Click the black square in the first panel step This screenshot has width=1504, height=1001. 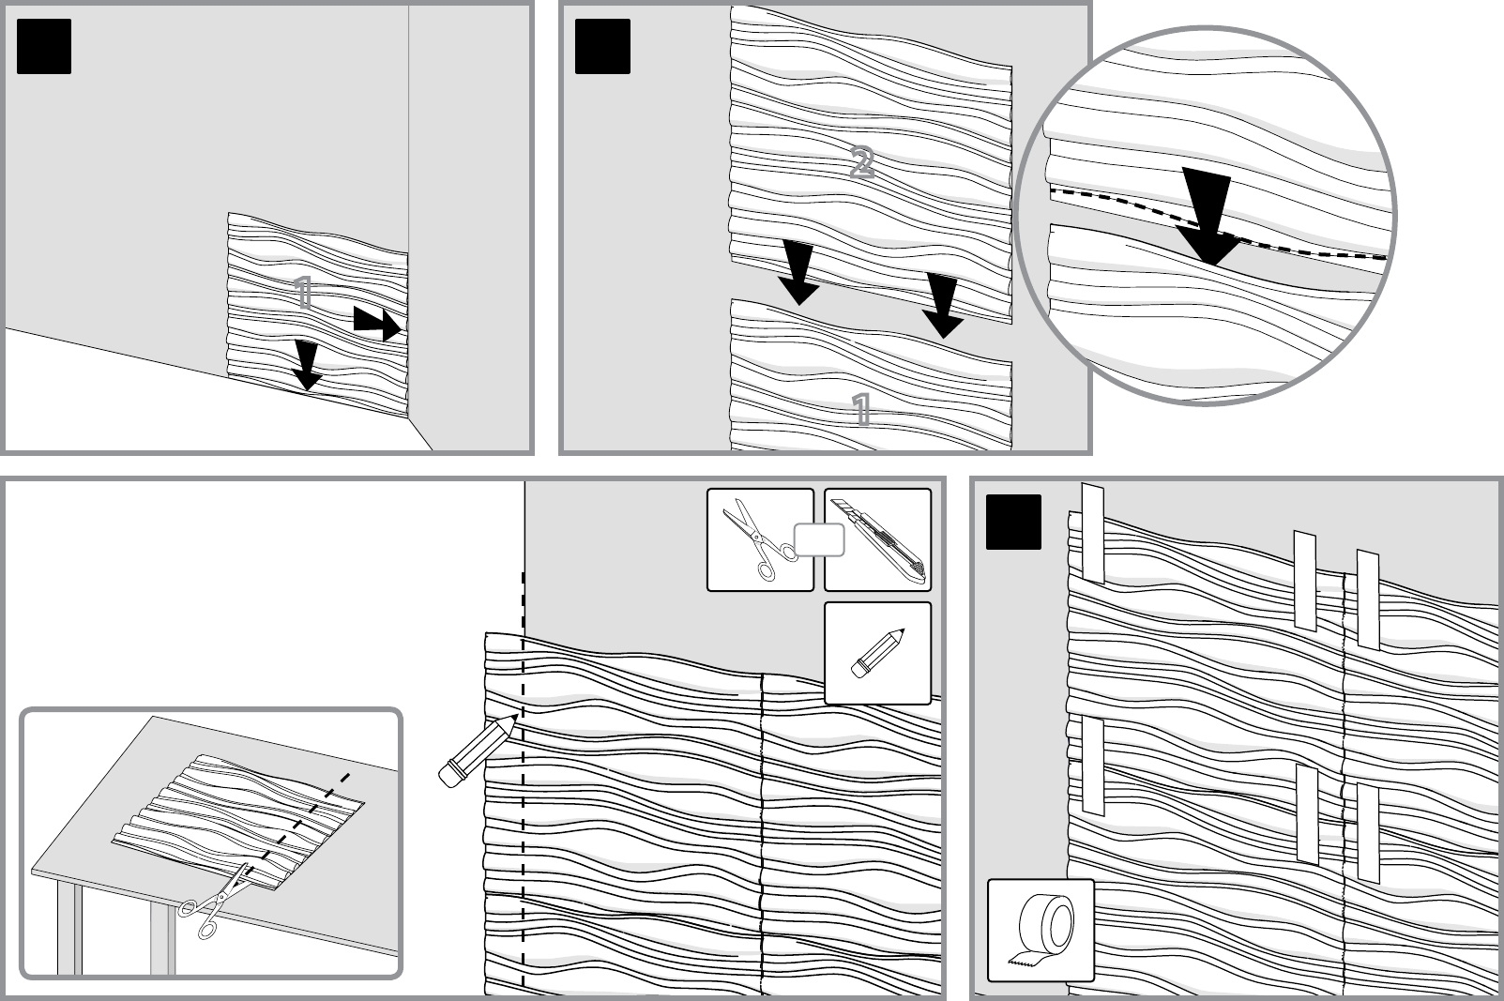(x=44, y=46)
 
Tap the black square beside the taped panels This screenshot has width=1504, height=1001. (x=1013, y=523)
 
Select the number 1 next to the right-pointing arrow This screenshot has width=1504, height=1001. (x=304, y=293)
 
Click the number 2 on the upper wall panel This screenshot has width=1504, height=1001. (x=862, y=162)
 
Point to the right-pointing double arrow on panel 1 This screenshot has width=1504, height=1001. (x=377, y=325)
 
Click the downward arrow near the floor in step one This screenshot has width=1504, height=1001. (x=307, y=366)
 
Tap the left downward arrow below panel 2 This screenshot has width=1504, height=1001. (x=798, y=274)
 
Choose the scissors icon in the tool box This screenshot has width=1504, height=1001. (x=759, y=539)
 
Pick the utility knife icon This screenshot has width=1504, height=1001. (x=878, y=539)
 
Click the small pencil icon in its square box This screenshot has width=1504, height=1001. (x=878, y=653)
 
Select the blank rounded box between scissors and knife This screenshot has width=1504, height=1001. (x=819, y=539)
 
